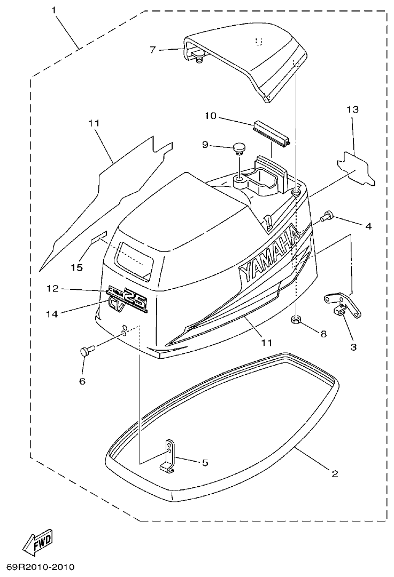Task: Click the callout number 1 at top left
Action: pos(54,10)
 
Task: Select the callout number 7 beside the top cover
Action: pos(153,50)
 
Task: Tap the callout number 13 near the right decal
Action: pos(353,109)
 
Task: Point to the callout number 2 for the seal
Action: pos(335,473)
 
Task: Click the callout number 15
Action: pos(77,267)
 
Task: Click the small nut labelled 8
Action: pos(295,320)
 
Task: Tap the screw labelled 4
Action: pos(327,217)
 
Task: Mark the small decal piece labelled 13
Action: pos(357,169)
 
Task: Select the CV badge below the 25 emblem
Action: pos(116,305)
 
